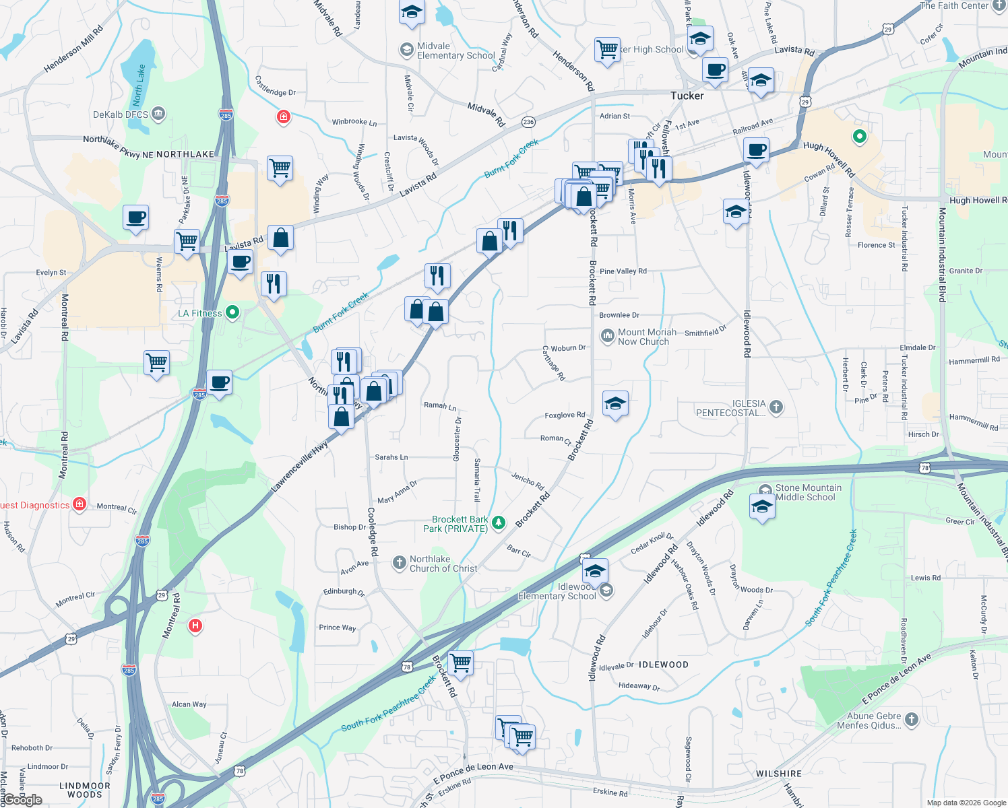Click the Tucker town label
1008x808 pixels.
(x=687, y=96)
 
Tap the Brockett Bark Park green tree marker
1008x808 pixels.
(x=499, y=523)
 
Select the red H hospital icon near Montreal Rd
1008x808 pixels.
(x=195, y=626)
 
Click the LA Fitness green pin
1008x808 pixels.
(x=232, y=312)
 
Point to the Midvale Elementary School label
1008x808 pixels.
(x=455, y=51)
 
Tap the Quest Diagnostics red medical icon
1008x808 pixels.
(x=80, y=504)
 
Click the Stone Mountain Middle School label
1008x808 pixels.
(x=808, y=492)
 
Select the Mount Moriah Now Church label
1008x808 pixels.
(x=647, y=337)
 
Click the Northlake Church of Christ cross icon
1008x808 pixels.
(x=400, y=562)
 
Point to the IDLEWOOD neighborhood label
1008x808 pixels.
(x=663, y=665)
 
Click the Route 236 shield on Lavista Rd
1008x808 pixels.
(x=528, y=122)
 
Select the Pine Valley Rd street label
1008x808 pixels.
(x=623, y=271)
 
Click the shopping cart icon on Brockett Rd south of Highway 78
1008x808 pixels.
(x=461, y=663)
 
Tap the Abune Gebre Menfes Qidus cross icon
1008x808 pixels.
(x=912, y=720)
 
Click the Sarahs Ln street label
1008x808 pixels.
(x=391, y=457)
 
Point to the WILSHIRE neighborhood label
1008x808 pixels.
(x=778, y=774)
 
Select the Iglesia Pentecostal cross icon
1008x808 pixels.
(x=776, y=406)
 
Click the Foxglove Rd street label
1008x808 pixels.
(x=565, y=415)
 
